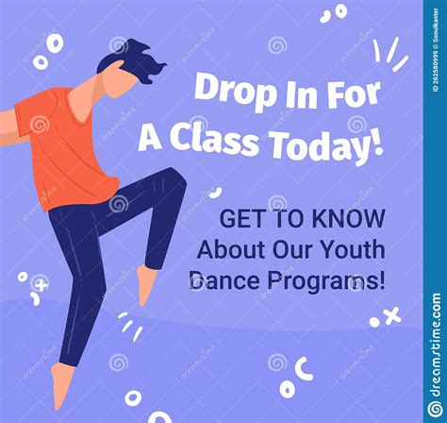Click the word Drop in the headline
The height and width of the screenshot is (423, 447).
pos(226,92)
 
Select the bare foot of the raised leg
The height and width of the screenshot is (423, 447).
pos(146,284)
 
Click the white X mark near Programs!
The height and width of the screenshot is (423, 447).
pos(391,316)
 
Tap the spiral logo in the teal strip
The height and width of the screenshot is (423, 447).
pos(435,408)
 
